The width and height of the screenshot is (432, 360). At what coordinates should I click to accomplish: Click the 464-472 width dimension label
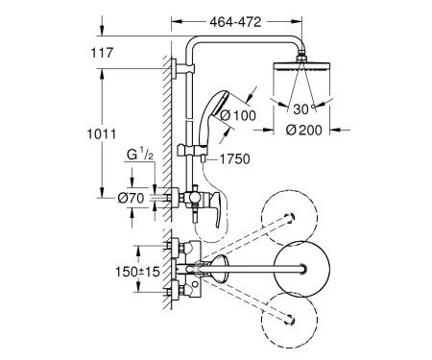235,22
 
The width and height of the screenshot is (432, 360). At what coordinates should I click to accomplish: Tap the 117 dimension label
102,53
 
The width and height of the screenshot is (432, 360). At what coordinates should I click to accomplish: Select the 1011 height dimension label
102,134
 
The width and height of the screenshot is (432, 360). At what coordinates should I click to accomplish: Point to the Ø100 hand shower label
238,115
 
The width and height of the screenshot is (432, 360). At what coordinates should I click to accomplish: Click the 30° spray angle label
304,109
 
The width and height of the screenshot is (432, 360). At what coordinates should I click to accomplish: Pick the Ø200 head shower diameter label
303,130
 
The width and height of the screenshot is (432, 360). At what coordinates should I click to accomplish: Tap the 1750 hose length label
234,159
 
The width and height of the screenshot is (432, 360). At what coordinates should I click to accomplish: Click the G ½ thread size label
140,155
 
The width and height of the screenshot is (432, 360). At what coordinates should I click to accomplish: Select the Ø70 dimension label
131,199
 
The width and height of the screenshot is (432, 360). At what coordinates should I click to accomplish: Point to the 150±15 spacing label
137,272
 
